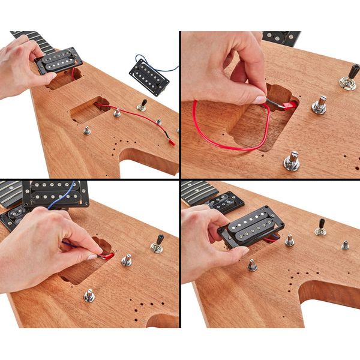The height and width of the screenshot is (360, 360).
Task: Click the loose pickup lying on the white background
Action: pyautogui.click(x=149, y=77)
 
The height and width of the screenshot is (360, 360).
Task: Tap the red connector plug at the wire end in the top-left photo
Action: pyautogui.click(x=171, y=143)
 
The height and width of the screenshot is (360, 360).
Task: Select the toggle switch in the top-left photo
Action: pyautogui.click(x=142, y=106)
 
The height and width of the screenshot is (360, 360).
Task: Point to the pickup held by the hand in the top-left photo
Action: pyautogui.click(x=59, y=61)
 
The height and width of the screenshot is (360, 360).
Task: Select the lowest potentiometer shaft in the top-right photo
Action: pyautogui.click(x=292, y=161)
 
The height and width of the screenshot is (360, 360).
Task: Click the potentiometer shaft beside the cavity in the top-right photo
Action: pyautogui.click(x=319, y=106)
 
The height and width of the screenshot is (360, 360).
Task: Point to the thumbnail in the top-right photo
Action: pyautogui.click(x=259, y=100)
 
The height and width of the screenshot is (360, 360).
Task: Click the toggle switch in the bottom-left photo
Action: pyautogui.click(x=158, y=244)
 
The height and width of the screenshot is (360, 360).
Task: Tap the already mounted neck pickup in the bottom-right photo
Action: pyautogui.click(x=225, y=203)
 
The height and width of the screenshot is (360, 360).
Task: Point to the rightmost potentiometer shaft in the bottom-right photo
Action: pyautogui.click(x=345, y=245)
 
